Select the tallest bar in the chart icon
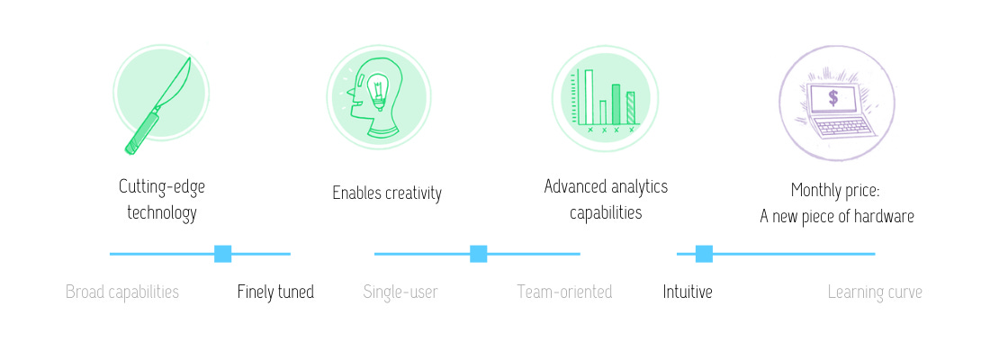(x=589, y=96)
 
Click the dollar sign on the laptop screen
(x=833, y=98)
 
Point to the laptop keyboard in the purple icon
(x=841, y=127)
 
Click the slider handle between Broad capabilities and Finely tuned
(x=223, y=254)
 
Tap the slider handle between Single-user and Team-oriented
(x=479, y=254)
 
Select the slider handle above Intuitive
(x=704, y=254)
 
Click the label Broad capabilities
(x=122, y=292)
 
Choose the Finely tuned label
(x=276, y=292)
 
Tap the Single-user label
(x=400, y=292)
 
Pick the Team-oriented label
(x=564, y=292)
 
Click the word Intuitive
(x=688, y=292)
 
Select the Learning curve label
(x=875, y=292)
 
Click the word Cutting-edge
(x=162, y=187)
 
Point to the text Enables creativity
(x=387, y=193)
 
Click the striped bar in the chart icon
(x=630, y=108)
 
